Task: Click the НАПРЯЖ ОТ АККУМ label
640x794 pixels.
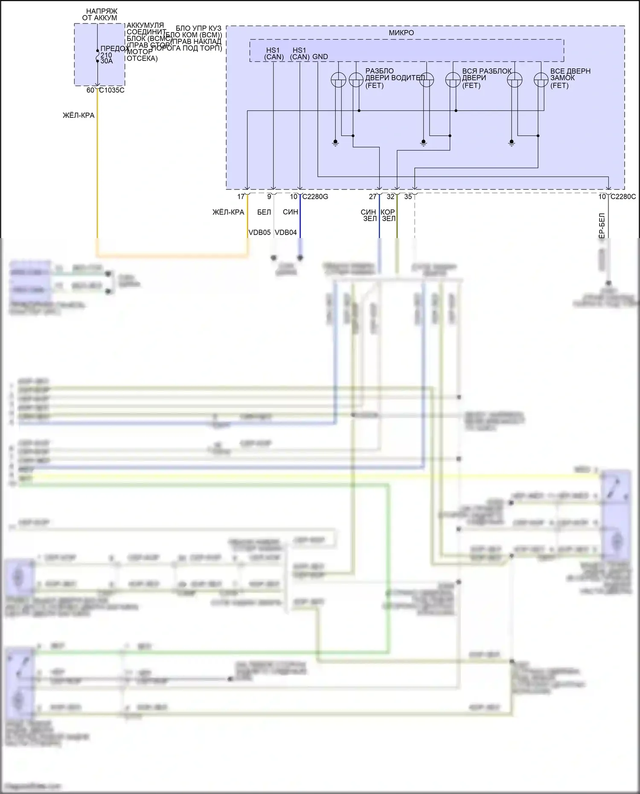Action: point(99,15)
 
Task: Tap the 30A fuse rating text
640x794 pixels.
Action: point(107,61)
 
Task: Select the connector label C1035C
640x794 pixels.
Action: point(112,90)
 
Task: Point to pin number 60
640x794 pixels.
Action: point(90,90)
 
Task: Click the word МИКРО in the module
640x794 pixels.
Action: point(401,33)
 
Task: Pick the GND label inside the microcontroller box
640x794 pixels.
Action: point(320,57)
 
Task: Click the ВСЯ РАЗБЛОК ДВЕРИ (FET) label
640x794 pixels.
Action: point(486,78)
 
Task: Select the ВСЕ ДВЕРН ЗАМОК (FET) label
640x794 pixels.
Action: point(570,78)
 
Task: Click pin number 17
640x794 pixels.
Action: point(241,197)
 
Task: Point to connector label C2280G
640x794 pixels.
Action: point(315,197)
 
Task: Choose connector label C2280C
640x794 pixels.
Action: point(623,197)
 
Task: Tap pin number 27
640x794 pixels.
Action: point(373,197)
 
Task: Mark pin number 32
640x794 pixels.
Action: point(390,197)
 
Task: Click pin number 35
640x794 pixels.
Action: point(408,197)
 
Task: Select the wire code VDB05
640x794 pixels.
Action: point(259,233)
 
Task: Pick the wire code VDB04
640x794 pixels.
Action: point(286,233)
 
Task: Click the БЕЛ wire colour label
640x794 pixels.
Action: point(264,212)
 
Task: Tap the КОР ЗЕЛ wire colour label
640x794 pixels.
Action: point(388,215)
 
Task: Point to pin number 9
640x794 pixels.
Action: point(269,197)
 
